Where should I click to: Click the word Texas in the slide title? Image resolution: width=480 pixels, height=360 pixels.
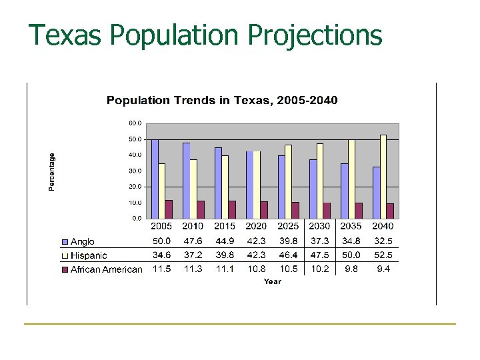65,35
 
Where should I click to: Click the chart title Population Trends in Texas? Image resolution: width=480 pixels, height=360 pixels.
222,101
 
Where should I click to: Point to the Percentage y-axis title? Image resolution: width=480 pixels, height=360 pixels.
52,171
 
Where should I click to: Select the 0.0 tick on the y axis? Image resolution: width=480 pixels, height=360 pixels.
135,218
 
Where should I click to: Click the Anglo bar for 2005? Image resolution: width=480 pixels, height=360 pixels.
155,179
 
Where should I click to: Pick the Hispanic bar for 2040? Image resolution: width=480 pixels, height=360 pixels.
383,177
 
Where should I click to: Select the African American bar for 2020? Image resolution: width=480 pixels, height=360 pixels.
264,209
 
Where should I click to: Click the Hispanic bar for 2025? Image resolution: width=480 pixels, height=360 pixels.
288,181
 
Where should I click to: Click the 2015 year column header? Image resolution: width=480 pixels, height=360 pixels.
225,227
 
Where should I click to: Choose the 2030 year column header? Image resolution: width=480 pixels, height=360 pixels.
319,227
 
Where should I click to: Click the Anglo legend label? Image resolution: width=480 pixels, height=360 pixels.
83,241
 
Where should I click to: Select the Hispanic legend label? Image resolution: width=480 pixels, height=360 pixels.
89,255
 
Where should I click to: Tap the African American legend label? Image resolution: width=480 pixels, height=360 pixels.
106,269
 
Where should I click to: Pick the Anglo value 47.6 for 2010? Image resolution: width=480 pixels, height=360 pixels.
193,241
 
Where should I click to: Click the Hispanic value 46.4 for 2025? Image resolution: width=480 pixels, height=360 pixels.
288,255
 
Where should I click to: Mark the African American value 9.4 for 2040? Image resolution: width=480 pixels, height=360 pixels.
383,269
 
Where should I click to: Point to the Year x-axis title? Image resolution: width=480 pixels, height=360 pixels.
272,282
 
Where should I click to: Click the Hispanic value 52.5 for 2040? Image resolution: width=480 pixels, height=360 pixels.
383,255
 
